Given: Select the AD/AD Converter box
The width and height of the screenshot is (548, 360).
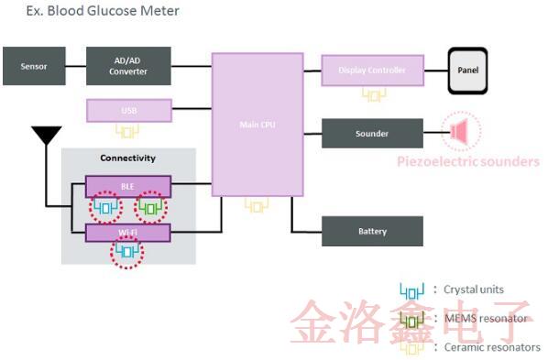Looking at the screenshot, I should point(128,67).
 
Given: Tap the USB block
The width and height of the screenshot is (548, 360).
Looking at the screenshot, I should point(128,111).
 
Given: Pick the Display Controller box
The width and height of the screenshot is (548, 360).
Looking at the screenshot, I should point(372,70).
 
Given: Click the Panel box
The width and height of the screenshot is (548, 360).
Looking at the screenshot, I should point(473,70).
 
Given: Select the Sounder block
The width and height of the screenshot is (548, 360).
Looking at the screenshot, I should point(372,134).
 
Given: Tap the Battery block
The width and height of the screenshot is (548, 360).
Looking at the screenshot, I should point(372,231).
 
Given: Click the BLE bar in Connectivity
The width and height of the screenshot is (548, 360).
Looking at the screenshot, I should point(128,186).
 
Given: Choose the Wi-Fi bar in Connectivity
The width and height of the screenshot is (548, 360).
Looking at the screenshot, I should point(128,233).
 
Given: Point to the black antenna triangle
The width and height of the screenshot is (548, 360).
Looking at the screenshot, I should point(44,136).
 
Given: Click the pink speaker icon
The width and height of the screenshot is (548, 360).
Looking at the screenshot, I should point(459,133).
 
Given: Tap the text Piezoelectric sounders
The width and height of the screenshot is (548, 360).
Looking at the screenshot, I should point(468,162).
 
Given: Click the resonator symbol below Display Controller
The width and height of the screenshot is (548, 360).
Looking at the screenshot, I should point(373,94).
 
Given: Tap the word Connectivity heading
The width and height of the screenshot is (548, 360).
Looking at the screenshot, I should point(127,158).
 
